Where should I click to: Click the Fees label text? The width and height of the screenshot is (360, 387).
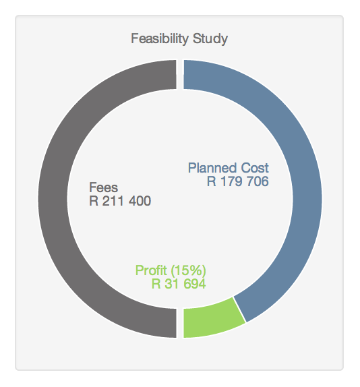point(102,187)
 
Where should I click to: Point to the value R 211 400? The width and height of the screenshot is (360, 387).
point(120,201)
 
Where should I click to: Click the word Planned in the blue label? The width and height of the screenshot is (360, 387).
point(212,168)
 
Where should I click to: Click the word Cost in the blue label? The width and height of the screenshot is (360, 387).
point(254,168)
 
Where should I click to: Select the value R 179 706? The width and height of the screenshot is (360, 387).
point(238,181)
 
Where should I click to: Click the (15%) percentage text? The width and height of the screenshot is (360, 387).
point(187,270)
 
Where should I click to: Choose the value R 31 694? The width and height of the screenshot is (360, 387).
point(178,284)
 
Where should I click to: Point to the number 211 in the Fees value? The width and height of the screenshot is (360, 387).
point(110,201)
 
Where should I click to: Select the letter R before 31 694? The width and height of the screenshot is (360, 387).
point(156,284)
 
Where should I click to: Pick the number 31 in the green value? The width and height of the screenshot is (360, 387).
point(171,284)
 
